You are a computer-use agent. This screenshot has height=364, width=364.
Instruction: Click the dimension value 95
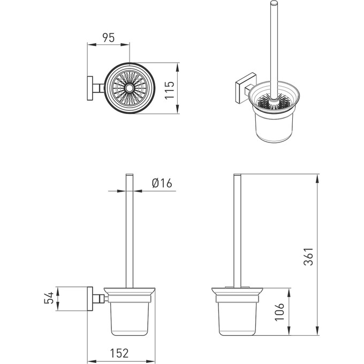click(109, 37)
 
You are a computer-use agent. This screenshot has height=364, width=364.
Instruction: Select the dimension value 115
click(170, 90)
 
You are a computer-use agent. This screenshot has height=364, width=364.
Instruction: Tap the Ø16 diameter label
click(162, 183)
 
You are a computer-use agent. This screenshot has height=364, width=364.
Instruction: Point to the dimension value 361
click(308, 256)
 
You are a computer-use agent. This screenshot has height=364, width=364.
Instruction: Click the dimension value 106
click(279, 312)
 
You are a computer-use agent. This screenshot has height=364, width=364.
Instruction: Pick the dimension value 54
click(49, 298)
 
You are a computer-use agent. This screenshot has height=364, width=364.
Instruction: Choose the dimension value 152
click(119, 353)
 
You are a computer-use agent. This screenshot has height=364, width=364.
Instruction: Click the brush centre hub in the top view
click(130, 88)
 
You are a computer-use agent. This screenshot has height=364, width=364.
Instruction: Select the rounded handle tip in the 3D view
click(274, 3)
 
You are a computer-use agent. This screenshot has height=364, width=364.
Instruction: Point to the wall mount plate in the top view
click(90, 88)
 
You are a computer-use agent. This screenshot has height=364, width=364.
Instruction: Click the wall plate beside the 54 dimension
click(90, 299)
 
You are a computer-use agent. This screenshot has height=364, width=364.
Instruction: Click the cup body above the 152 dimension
click(130, 319)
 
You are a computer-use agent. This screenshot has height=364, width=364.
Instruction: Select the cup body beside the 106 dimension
click(237, 319)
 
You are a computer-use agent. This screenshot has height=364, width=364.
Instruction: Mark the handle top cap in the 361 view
click(237, 175)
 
